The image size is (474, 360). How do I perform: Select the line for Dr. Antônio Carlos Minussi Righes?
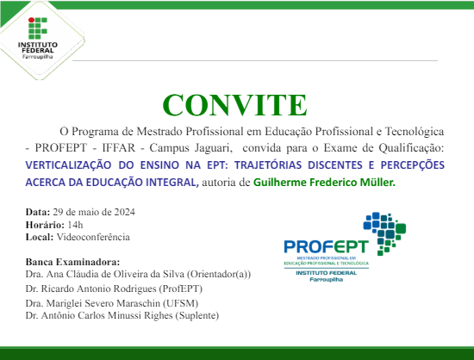(x=122, y=316)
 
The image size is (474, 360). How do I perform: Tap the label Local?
(x=40, y=236)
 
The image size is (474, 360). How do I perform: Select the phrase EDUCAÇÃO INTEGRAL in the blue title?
(x=144, y=182)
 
